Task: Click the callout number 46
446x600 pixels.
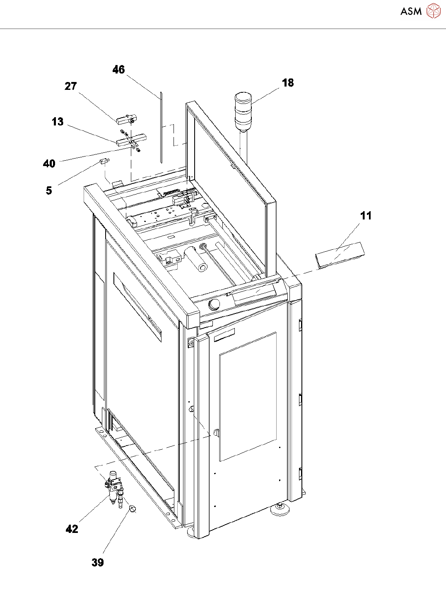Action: pyautogui.click(x=118, y=70)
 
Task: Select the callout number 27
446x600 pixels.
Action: pyautogui.click(x=71, y=86)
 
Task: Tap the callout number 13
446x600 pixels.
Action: pyautogui.click(x=58, y=122)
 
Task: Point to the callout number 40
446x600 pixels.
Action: pyautogui.click(x=49, y=164)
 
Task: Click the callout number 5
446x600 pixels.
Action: pyautogui.click(x=49, y=190)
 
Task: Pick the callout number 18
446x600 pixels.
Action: pyautogui.click(x=288, y=83)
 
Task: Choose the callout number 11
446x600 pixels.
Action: pyautogui.click(x=366, y=216)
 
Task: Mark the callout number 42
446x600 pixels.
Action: pyautogui.click(x=72, y=529)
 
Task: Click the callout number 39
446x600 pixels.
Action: pyautogui.click(x=98, y=562)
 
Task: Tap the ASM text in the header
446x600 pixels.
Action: pyautogui.click(x=411, y=12)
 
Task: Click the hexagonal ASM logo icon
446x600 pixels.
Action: pyautogui.click(x=433, y=11)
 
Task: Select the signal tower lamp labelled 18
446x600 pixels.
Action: pyautogui.click(x=243, y=111)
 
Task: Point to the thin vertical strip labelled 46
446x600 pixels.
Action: pyautogui.click(x=160, y=128)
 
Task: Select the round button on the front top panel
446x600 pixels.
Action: pyautogui.click(x=215, y=304)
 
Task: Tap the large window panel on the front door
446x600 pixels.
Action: pyautogui.click(x=248, y=397)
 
